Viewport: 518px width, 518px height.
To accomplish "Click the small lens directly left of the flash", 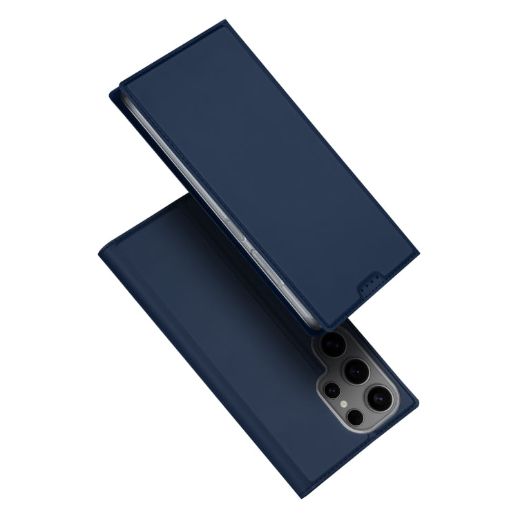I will click(x=331, y=388).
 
